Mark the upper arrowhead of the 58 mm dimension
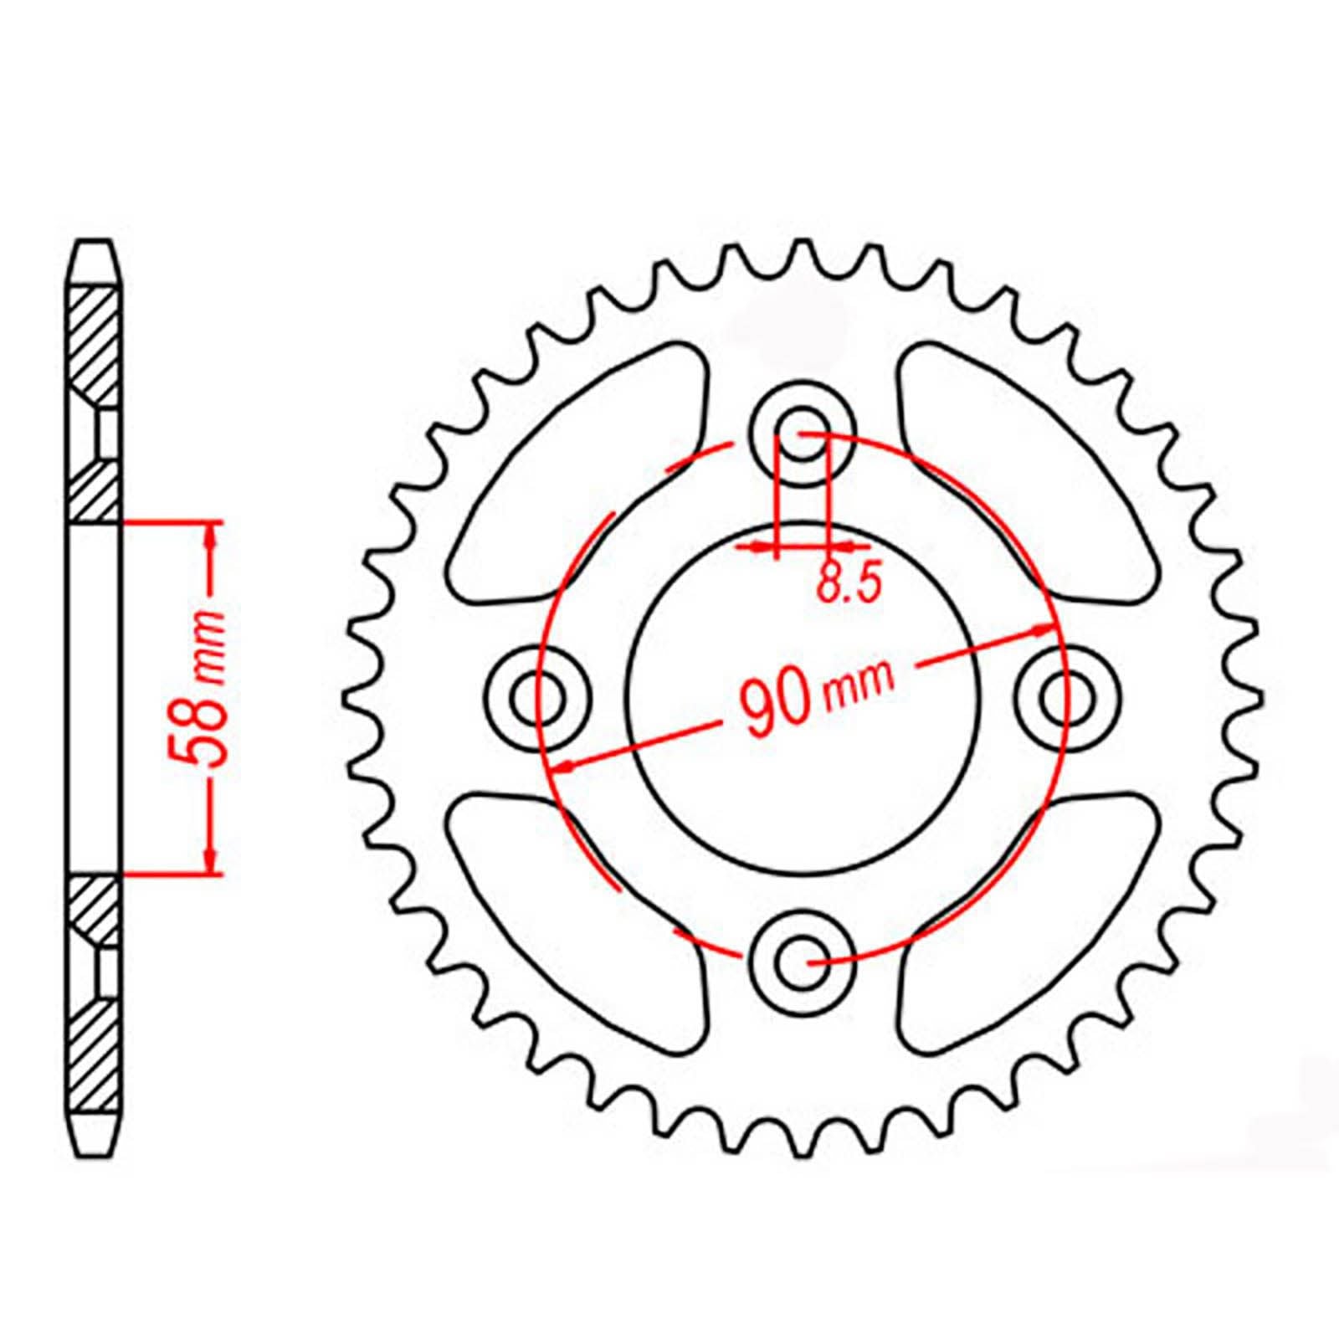click(x=212, y=536)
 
